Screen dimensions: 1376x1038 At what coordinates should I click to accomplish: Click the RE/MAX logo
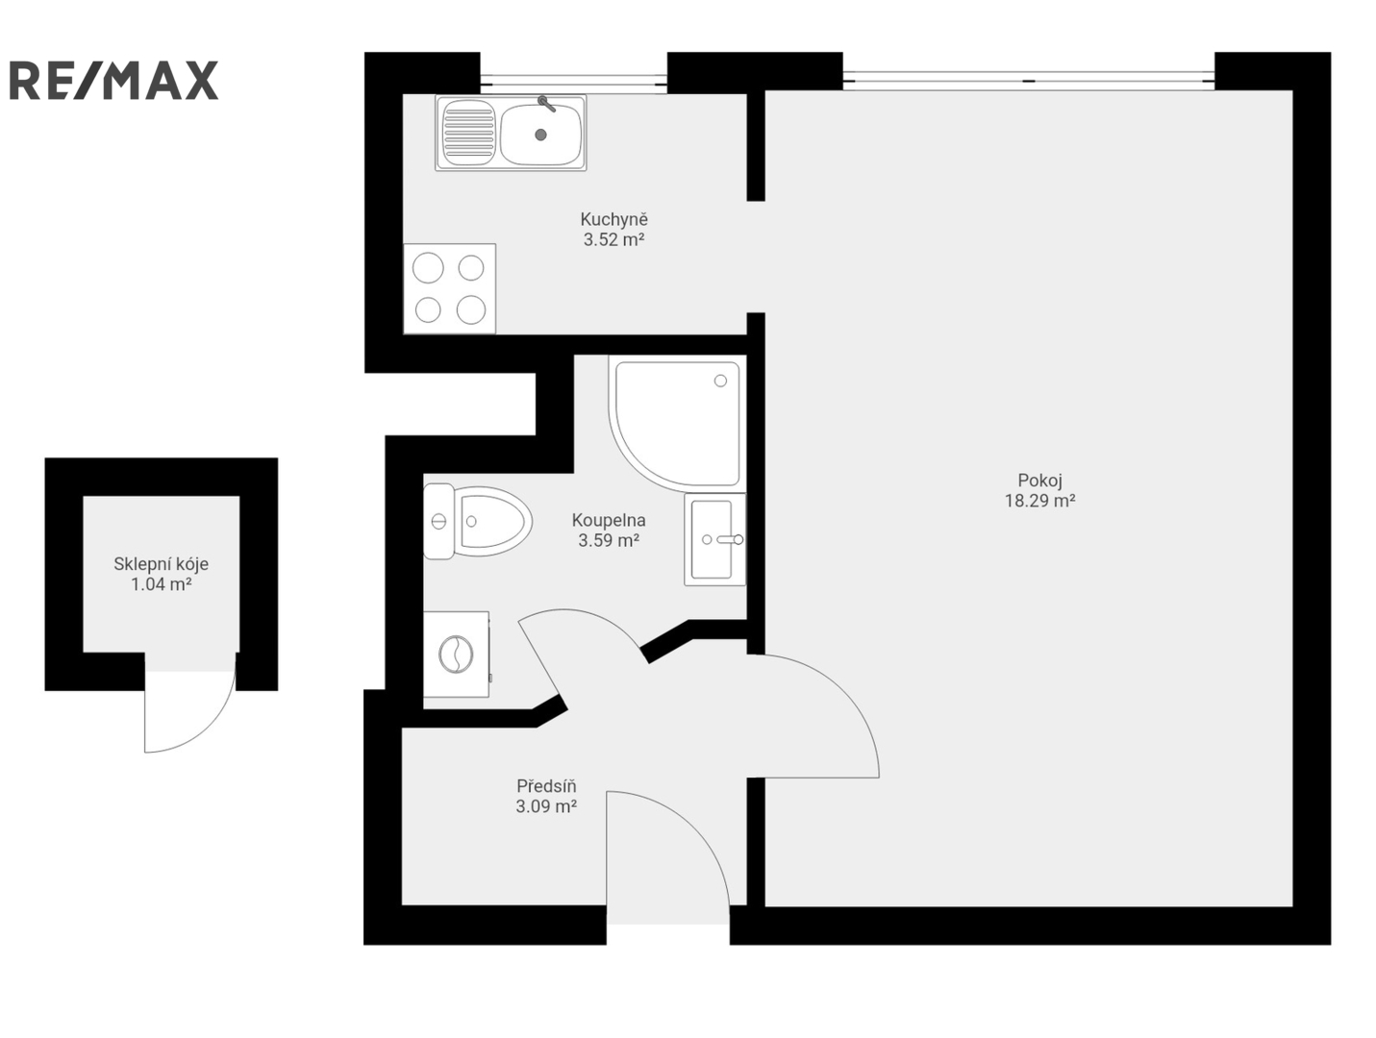pyautogui.click(x=113, y=80)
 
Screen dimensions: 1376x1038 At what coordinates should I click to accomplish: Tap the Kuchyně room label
pyautogui.click(x=613, y=219)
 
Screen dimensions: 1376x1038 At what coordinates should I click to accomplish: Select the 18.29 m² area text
pyautogui.click(x=1040, y=501)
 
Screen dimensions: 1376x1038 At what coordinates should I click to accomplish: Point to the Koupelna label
pyautogui.click(x=608, y=520)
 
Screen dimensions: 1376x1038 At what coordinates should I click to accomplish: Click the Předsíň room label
pyautogui.click(x=546, y=785)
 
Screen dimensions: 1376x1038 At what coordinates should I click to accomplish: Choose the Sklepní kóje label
pyautogui.click(x=162, y=564)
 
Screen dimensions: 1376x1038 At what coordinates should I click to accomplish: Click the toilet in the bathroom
pyautogui.click(x=477, y=521)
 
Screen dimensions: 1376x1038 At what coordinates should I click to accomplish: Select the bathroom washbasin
pyautogui.click(x=714, y=539)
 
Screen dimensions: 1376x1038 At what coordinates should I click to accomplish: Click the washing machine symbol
pyautogui.click(x=457, y=654)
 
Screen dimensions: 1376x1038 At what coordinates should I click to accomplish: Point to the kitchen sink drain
pyautogui.click(x=540, y=134)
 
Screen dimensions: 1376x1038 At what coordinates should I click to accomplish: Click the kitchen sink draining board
pyautogui.click(x=468, y=133)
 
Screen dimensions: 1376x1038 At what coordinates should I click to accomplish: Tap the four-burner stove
pyautogui.click(x=449, y=288)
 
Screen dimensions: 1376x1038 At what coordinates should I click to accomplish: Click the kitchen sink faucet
pyautogui.click(x=546, y=104)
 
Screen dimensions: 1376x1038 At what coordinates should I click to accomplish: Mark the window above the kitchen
pyautogui.click(x=574, y=80)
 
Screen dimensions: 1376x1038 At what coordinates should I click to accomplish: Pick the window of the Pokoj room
pyautogui.click(x=1028, y=80)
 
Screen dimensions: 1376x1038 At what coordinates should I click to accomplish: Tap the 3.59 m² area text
pyautogui.click(x=608, y=540)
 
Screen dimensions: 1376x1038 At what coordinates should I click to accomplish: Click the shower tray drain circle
pyautogui.click(x=720, y=381)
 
